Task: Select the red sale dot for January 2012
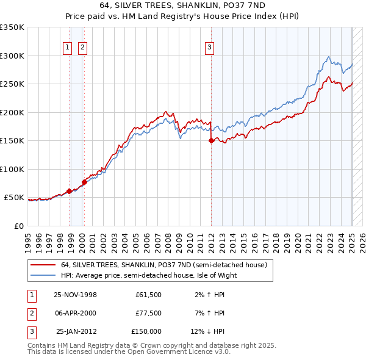click(x=211, y=140)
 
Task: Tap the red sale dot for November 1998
click(x=70, y=191)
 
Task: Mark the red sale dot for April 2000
click(x=84, y=182)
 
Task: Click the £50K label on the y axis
click(x=14, y=198)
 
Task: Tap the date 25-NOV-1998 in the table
click(x=75, y=295)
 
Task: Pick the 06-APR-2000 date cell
click(x=75, y=313)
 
